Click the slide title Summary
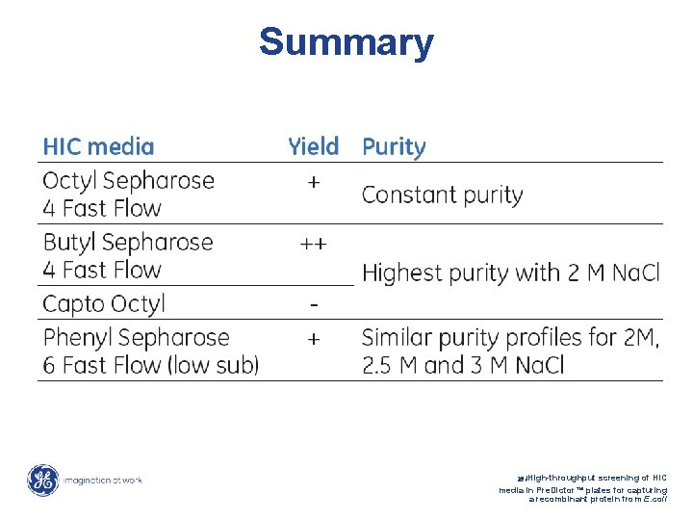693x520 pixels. click(x=346, y=42)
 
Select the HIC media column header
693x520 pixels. click(x=98, y=146)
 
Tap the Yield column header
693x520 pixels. click(x=314, y=146)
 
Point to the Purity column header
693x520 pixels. click(x=393, y=146)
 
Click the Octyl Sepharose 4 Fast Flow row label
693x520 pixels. click(x=128, y=194)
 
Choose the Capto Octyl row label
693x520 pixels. click(x=104, y=303)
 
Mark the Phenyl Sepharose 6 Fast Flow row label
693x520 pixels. click(x=150, y=351)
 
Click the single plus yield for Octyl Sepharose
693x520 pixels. click(x=314, y=181)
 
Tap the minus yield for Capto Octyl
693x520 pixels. click(x=314, y=303)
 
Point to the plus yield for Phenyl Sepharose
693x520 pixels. click(x=314, y=338)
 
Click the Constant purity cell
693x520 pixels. click(x=442, y=195)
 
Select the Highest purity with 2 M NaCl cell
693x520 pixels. click(x=510, y=273)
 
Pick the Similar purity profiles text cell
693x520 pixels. click(x=510, y=351)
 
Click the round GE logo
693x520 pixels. click(x=42, y=480)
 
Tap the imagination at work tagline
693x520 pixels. click(x=103, y=480)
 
